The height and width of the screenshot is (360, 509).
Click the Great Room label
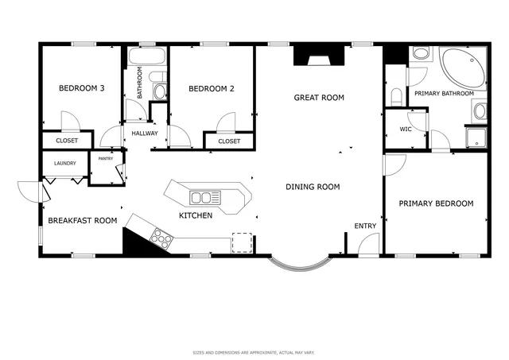tap(318, 98)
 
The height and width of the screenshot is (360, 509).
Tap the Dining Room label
tap(313, 188)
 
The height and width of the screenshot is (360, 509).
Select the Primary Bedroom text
tap(436, 203)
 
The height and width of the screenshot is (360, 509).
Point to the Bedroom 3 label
tap(82, 89)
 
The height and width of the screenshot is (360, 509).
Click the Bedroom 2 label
tap(211, 89)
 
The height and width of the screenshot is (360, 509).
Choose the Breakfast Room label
tap(83, 221)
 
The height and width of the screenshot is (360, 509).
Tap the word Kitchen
tap(195, 215)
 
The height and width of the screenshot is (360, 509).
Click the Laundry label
tap(65, 164)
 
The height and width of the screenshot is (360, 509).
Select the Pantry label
tap(105, 158)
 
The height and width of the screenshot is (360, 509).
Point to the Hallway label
tap(145, 134)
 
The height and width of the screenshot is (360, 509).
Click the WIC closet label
tap(405, 129)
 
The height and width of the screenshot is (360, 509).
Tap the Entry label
tap(365, 226)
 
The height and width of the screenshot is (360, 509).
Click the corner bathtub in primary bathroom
tap(464, 68)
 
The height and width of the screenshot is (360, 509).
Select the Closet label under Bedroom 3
tap(67, 141)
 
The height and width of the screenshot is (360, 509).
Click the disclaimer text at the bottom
tap(254, 351)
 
